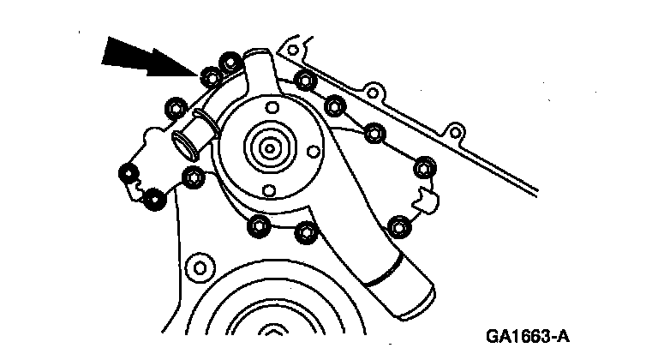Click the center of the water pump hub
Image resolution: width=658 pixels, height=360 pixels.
pos(268,147)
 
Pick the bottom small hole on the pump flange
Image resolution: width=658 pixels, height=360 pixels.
pos(268,189)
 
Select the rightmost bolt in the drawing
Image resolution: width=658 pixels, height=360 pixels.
pos(424,165)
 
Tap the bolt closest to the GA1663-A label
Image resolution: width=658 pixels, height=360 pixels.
pos(397,226)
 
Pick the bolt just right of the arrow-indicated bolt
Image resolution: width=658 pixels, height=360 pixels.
pos(230,63)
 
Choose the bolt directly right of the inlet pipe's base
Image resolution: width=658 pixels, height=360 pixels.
pos(191,177)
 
